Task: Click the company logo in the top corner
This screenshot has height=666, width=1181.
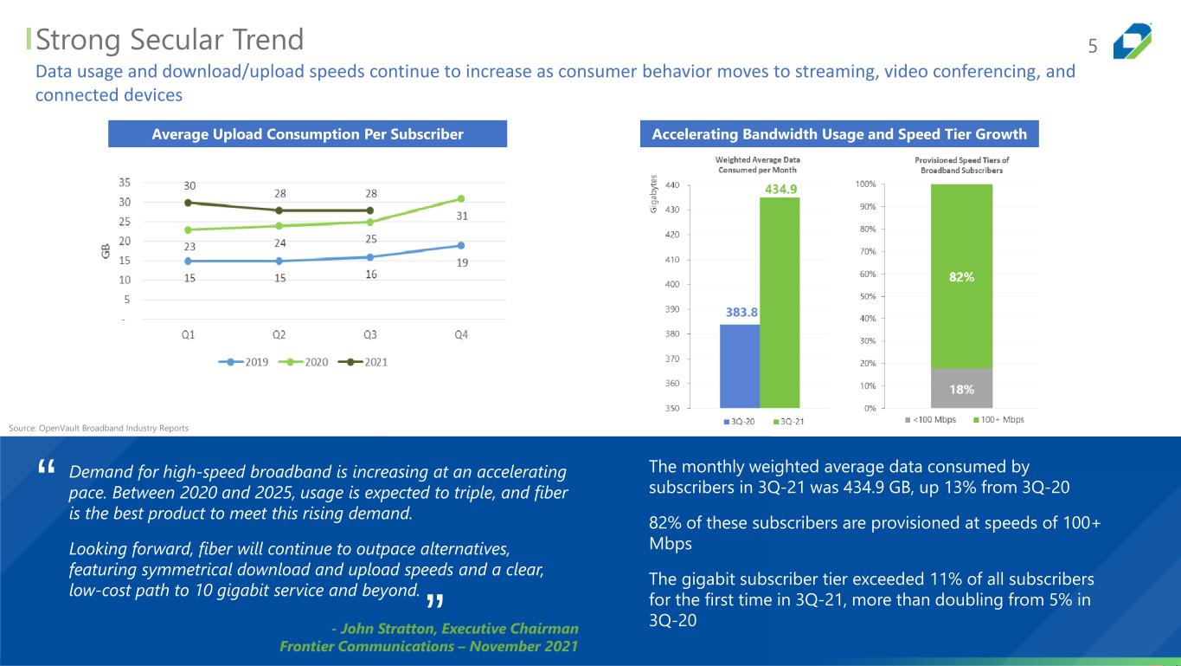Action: [1133, 41]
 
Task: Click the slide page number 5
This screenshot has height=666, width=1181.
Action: [1092, 45]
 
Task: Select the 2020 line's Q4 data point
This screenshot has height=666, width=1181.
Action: [461, 198]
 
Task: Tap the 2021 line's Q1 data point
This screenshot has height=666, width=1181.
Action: [188, 203]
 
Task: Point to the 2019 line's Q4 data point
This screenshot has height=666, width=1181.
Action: [461, 245]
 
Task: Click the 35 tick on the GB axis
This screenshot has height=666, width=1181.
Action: [125, 183]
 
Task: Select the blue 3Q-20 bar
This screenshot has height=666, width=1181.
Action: [740, 365]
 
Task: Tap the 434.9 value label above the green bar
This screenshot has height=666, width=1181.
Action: [780, 190]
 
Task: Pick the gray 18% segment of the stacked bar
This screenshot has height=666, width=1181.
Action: [961, 388]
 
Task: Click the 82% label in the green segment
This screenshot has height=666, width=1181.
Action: [961, 277]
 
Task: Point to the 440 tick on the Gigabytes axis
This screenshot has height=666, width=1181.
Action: [672, 185]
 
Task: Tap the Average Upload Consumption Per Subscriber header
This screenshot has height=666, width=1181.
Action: [307, 134]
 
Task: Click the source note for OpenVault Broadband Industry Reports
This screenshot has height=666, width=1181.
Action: [98, 428]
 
